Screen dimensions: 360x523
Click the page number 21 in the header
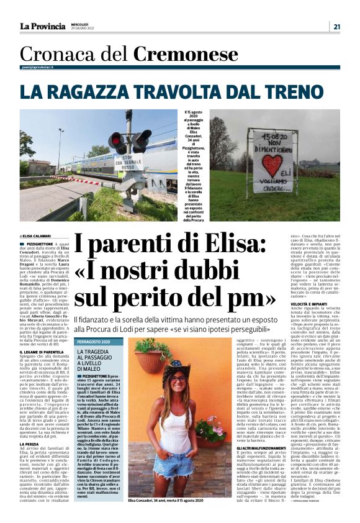[336, 27]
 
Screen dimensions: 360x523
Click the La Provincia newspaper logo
[42, 27]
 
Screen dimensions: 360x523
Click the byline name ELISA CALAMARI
[39, 237]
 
